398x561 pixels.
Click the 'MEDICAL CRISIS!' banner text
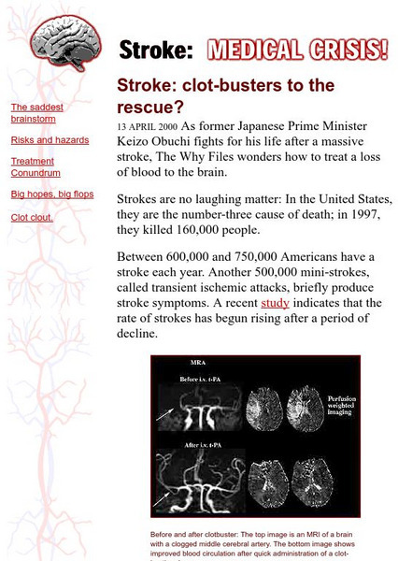(x=296, y=49)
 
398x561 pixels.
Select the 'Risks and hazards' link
(x=50, y=140)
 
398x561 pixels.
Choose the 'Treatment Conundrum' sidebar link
(x=36, y=167)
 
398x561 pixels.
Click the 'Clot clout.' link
(x=32, y=218)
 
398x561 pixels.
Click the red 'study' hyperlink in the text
(x=275, y=303)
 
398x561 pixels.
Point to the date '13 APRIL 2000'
(x=147, y=126)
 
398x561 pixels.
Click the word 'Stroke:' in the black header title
(x=156, y=50)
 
